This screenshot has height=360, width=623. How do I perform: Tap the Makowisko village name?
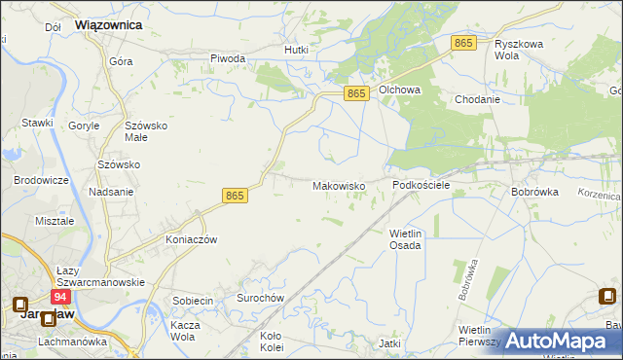coord(339,185)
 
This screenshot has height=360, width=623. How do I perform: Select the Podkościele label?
coord(421,184)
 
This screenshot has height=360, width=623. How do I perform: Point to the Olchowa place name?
coord(399,90)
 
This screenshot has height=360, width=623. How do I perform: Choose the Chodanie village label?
coord(477,99)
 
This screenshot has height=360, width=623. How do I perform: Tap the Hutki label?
coord(296,49)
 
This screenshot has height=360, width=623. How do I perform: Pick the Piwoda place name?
coord(228,58)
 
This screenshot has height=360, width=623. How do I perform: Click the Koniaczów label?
coord(191,239)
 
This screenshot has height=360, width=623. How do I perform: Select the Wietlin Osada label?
coord(405,239)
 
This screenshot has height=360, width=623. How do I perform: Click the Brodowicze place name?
coord(40,181)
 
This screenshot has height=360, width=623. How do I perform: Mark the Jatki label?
coord(390,343)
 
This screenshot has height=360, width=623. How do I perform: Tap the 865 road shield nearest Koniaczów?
coord(235,196)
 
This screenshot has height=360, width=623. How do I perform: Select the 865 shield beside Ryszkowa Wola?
coord(463,43)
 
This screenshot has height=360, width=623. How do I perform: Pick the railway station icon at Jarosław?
coord(20,305)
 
